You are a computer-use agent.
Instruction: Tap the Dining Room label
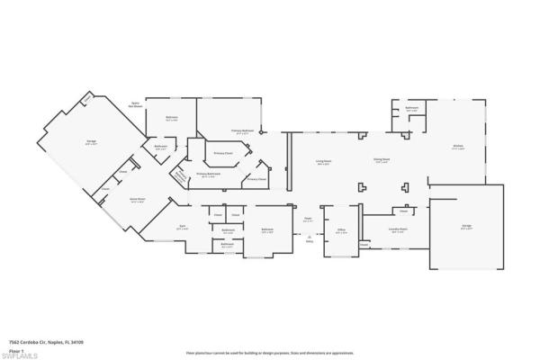coord(382,160)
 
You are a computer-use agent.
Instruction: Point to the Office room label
coord(341,231)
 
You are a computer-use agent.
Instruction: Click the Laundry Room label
coord(399,230)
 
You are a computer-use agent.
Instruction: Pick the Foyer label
coord(308,219)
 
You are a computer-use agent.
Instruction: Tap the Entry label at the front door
coord(310,239)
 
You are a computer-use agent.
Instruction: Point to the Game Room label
coord(138,200)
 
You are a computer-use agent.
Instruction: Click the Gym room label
coord(182,228)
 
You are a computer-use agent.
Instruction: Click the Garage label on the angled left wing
coord(90,141)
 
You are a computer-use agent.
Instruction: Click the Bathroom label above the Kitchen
coord(411,109)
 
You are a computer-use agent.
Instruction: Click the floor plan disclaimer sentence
coord(270,353)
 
